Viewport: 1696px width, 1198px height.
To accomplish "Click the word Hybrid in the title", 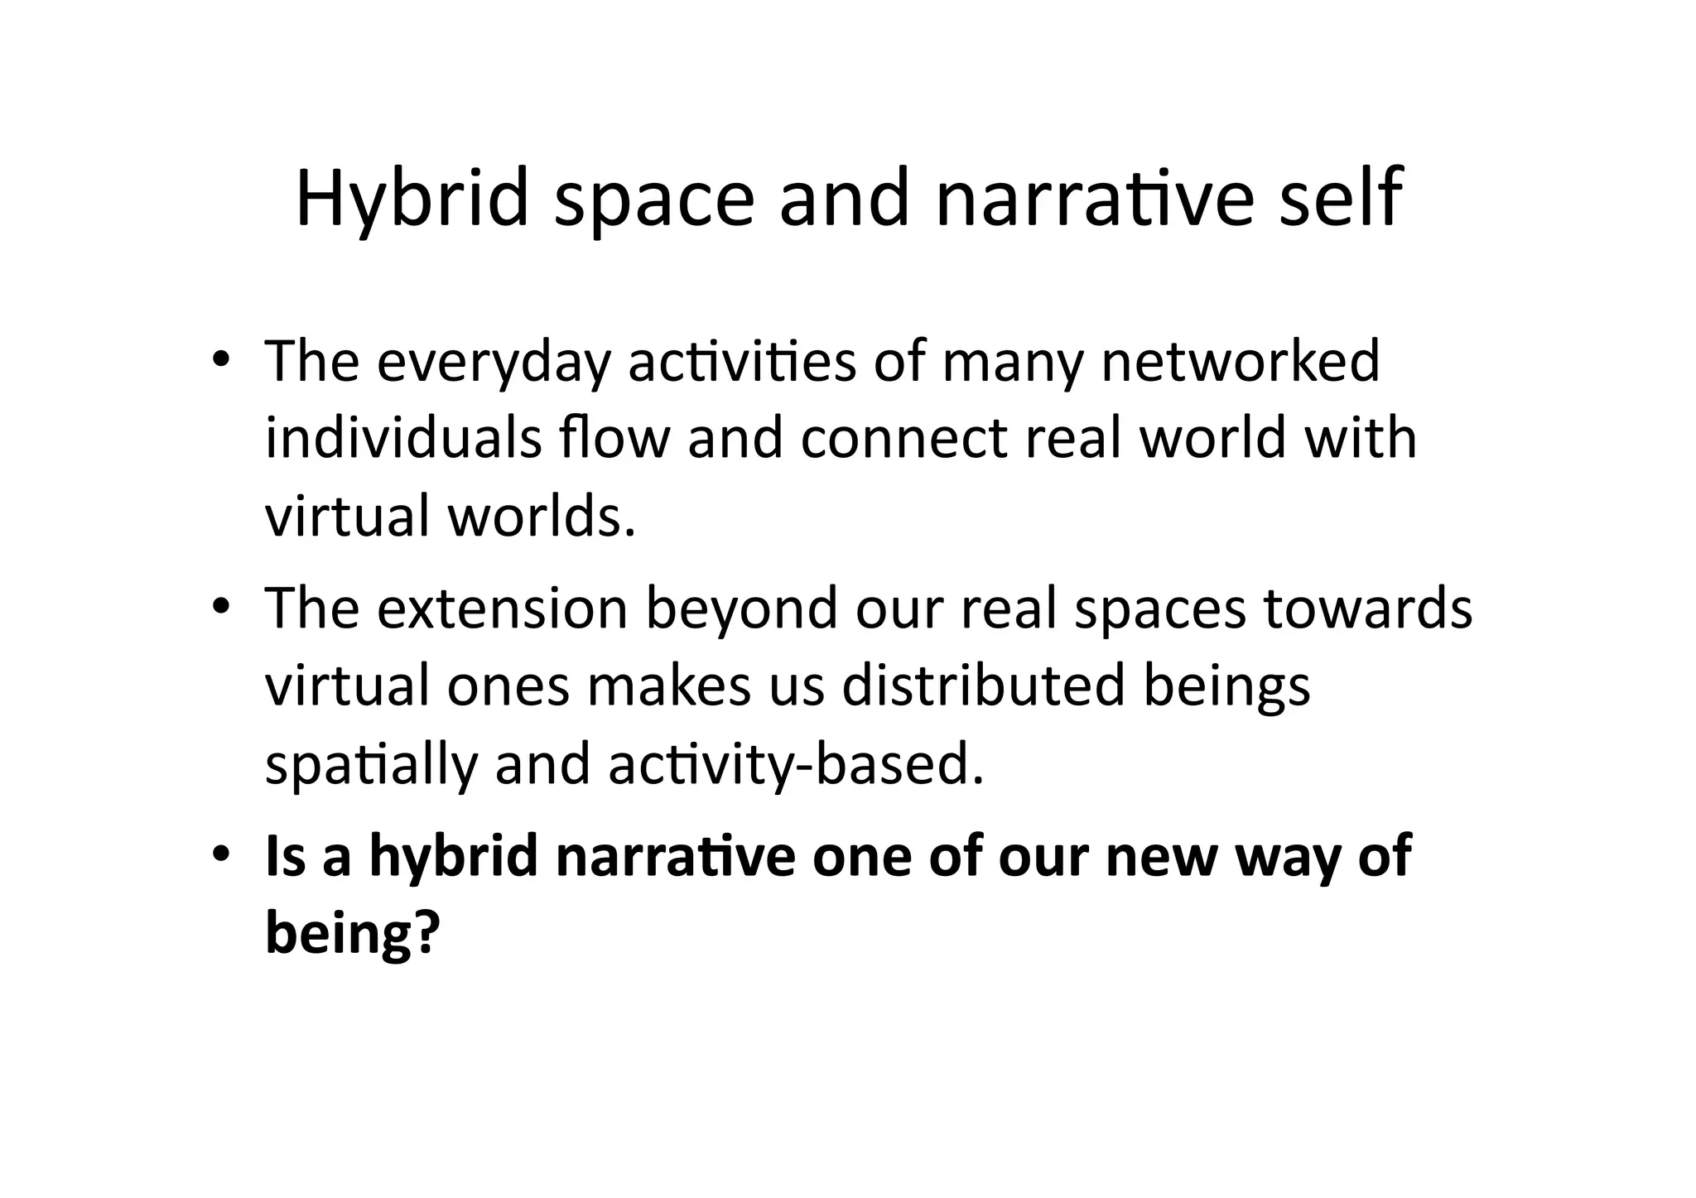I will click(x=412, y=200).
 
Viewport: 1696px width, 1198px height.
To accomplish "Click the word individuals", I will click(x=403, y=438).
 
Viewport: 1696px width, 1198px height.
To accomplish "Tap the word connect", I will click(x=903, y=439).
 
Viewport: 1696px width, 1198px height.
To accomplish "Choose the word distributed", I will click(x=983, y=686).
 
